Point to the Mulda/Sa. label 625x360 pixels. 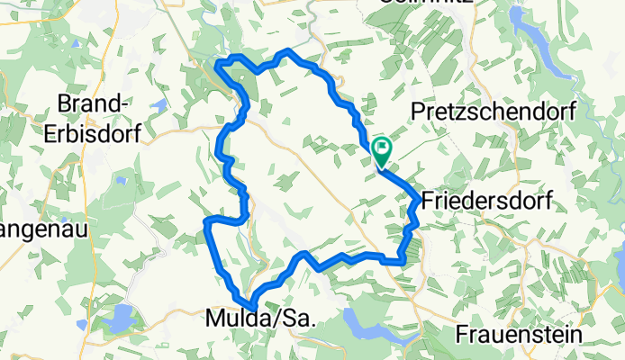257,317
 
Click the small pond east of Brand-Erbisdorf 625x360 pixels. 159,106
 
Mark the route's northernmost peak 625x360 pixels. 287,50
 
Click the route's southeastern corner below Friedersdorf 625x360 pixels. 402,262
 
